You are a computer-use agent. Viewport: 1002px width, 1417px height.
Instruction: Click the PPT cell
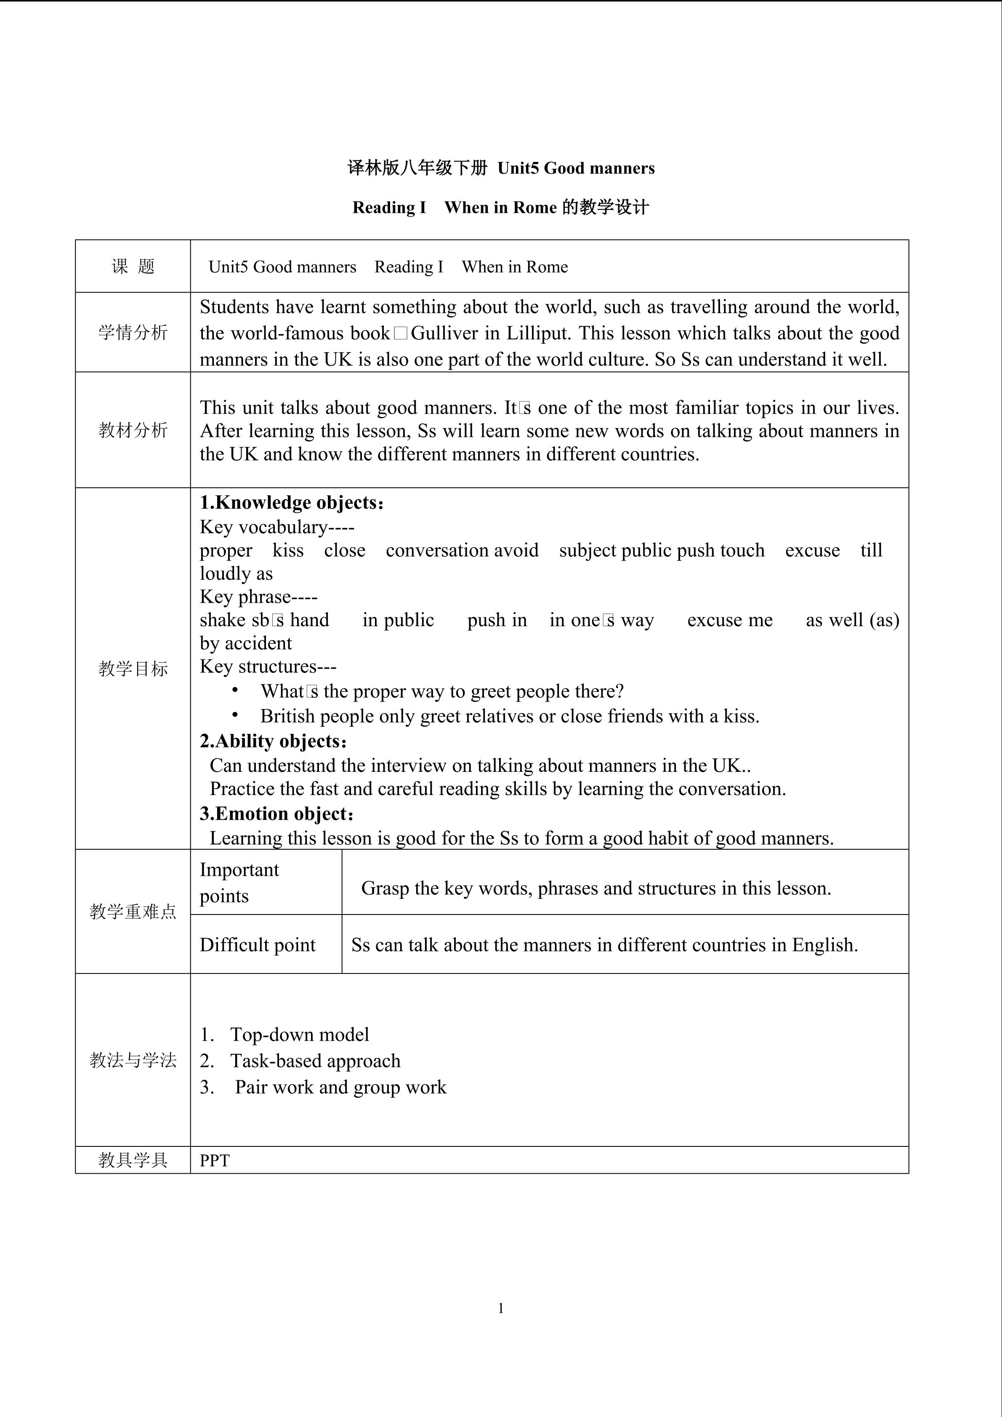(215, 1161)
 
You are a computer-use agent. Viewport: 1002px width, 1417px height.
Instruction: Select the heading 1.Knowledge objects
(291, 502)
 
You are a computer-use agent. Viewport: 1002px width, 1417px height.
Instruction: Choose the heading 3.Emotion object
(276, 814)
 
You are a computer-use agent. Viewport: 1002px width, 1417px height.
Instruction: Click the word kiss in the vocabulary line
(288, 550)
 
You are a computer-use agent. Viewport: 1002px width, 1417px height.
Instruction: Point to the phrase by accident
(246, 643)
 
